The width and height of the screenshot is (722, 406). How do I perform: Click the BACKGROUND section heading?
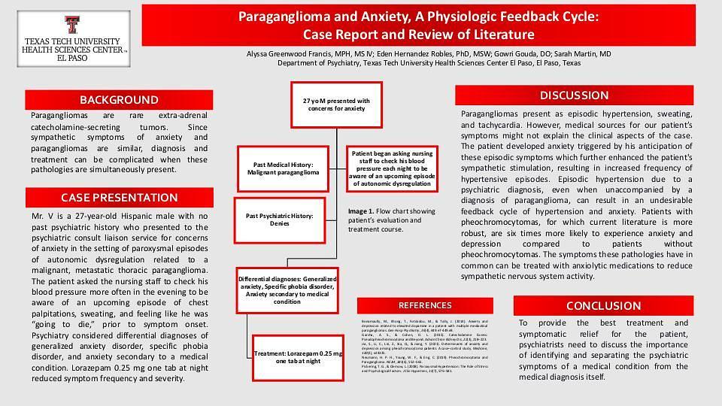pos(119,100)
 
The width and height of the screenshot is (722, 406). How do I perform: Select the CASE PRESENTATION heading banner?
pos(119,198)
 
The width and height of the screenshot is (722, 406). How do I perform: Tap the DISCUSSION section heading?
pos(574,95)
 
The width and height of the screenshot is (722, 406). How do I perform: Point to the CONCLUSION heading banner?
pos(603,306)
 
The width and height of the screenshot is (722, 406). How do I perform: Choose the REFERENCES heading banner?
pos(425,305)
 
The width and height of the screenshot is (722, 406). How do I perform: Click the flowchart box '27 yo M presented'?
pos(336,105)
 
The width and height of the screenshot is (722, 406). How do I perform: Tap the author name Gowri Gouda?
pos(511,54)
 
